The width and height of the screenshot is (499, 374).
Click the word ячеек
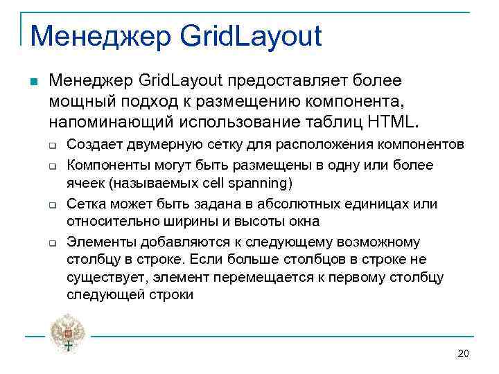click(85, 184)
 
